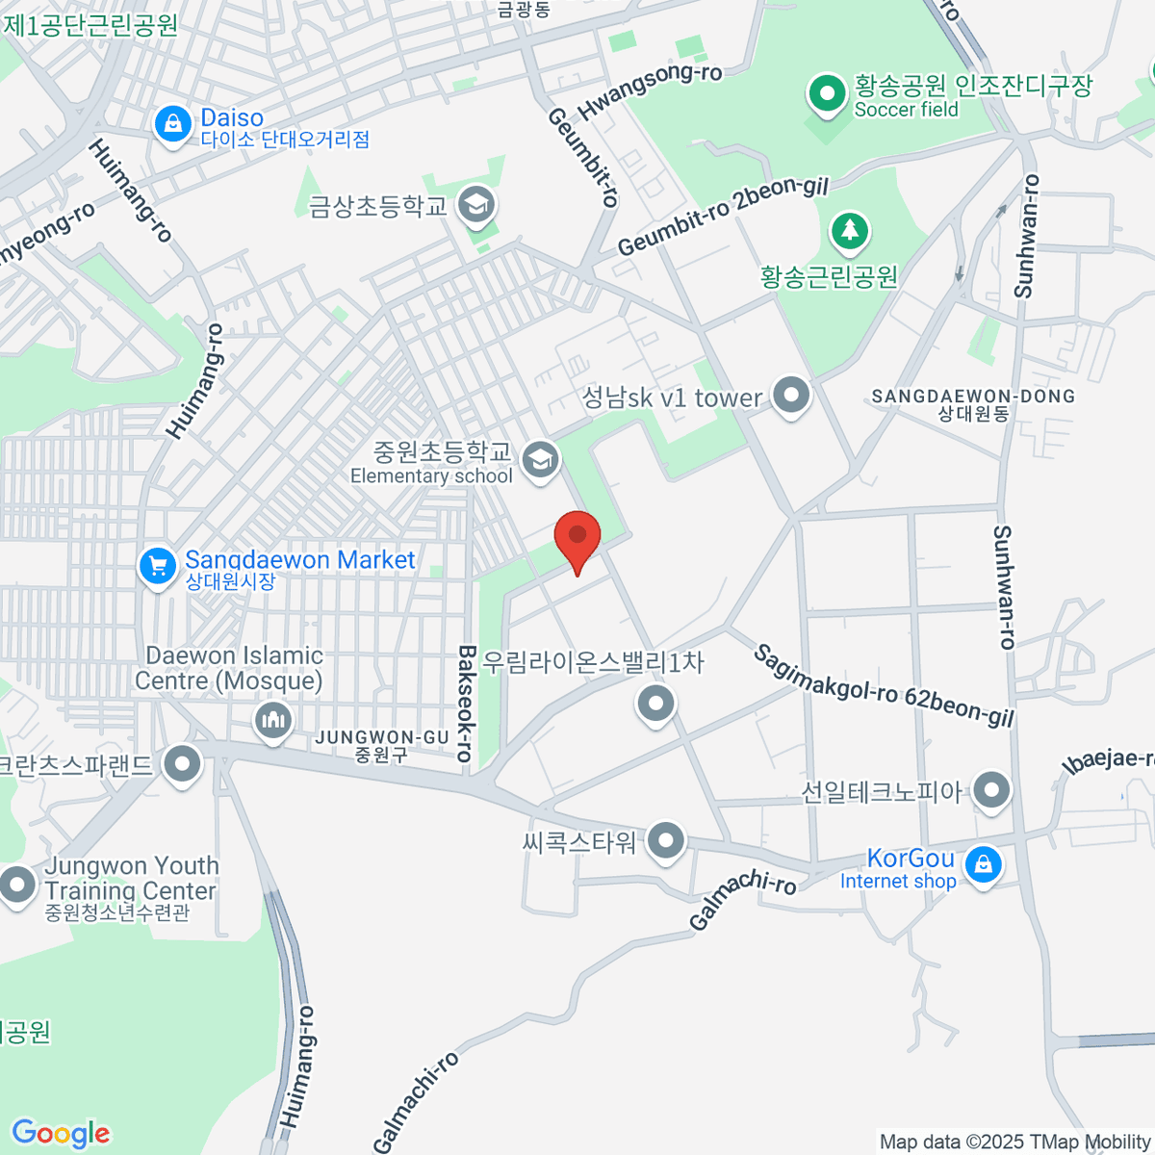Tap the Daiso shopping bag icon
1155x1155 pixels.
coord(172,124)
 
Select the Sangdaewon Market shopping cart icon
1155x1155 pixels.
coord(157,566)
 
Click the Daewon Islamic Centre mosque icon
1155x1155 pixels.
coord(273,720)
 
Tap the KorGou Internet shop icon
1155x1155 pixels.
coord(983,864)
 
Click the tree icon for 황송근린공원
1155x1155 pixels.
coord(850,231)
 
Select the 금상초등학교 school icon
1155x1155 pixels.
coord(476,204)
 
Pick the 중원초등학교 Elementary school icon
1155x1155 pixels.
coord(541,459)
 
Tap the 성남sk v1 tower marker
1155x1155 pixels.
coord(791,395)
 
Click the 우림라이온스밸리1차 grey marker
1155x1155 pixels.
coord(655,704)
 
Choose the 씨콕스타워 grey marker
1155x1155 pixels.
coord(665,841)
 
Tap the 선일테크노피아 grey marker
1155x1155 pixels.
coord(990,790)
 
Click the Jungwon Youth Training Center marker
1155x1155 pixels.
coord(16,884)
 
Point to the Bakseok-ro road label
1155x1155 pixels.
coord(466,704)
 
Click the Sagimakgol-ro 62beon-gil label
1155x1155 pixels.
coord(884,686)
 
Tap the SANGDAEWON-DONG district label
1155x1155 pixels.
coord(973,396)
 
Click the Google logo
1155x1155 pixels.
coord(61,1134)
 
